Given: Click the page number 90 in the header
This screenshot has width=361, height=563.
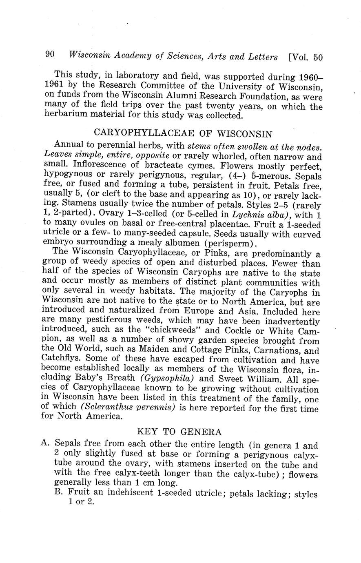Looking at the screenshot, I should click(50, 55).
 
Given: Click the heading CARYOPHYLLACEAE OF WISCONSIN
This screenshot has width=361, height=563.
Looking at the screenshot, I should click(183, 133).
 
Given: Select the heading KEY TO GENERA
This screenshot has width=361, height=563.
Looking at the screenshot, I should click(179, 432).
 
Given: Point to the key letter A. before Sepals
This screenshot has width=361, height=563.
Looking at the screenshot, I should click(46, 443).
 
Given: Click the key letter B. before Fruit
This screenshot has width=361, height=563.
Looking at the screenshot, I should click(60, 492).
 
